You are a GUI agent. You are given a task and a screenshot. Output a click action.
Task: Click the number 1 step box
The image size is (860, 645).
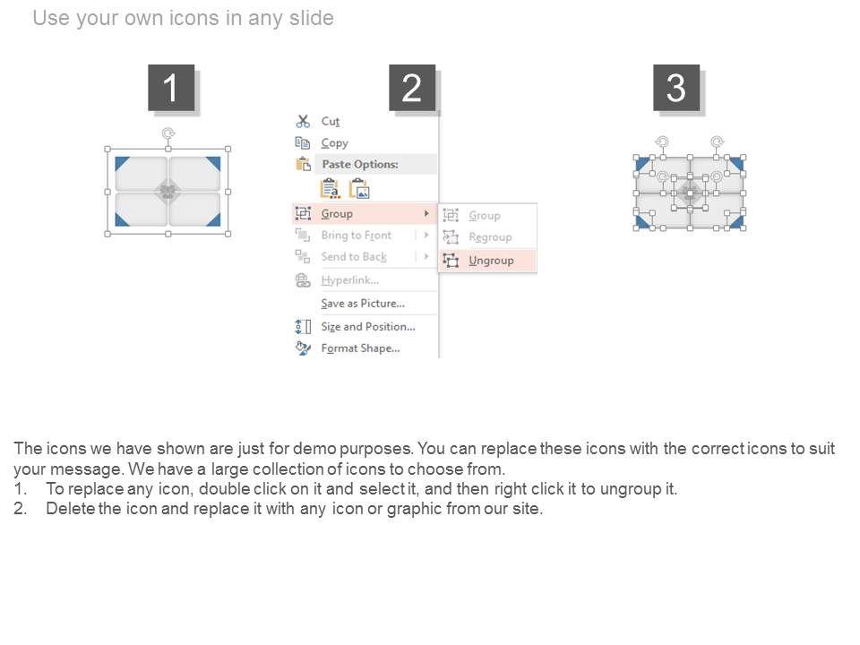171,88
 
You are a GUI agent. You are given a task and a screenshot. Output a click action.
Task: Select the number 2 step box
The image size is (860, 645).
412,88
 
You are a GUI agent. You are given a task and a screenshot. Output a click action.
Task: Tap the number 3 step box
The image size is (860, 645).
676,88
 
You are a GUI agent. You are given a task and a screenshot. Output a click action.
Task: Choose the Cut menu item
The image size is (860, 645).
331,121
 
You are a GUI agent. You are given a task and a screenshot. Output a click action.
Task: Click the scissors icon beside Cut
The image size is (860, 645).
303,121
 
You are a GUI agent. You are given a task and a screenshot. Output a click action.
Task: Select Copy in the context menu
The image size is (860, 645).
334,143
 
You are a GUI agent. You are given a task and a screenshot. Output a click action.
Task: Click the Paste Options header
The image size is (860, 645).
360,164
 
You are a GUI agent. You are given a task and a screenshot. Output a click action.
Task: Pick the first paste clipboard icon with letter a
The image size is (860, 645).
330,188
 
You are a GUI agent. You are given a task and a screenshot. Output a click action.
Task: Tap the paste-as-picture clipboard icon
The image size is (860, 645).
360,188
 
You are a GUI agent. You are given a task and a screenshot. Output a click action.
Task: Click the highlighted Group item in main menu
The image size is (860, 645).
337,213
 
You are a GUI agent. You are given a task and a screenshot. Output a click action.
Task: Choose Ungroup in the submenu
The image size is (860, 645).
491,261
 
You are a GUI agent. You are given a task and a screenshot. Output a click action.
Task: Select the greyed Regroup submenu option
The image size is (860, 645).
490,236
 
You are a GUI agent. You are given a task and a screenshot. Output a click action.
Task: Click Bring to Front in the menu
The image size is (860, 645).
356,236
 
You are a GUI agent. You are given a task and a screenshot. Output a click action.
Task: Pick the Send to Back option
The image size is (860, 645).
354,257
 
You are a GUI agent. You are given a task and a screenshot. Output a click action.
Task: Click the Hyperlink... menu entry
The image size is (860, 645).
350,280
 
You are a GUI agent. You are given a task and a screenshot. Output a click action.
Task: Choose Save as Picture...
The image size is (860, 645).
363,304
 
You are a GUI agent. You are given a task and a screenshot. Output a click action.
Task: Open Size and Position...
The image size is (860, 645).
368,326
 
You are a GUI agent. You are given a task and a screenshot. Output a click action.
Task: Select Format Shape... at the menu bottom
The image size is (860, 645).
360,348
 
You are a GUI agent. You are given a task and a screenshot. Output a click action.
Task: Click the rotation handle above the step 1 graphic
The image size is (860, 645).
168,133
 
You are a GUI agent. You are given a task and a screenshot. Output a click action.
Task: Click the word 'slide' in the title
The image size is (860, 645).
312,18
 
